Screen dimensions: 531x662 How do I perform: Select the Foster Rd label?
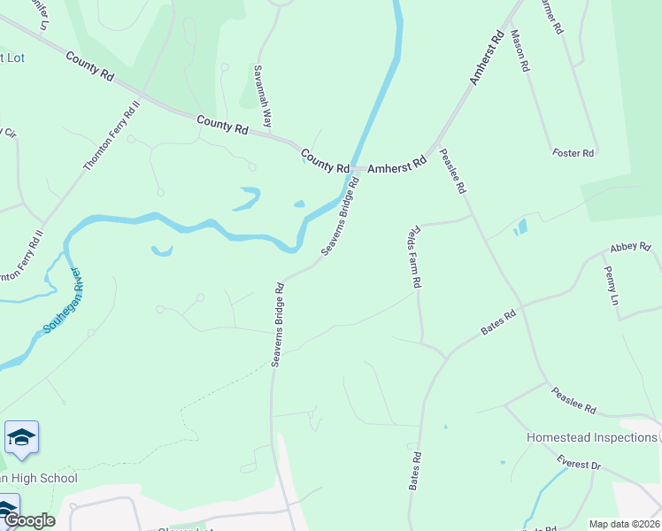(573, 153)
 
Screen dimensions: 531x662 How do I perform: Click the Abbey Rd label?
(629, 248)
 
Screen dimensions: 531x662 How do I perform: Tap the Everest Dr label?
(579, 463)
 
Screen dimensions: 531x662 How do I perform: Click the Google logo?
(28, 519)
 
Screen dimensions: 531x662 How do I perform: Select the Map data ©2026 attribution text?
(625, 524)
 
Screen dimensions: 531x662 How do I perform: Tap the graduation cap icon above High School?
(21, 437)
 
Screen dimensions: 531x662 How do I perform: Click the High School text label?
(39, 478)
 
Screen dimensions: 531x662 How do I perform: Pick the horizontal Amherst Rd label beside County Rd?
(396, 165)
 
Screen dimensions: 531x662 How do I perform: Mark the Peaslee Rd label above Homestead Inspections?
(573, 401)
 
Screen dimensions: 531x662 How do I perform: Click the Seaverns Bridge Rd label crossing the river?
(340, 217)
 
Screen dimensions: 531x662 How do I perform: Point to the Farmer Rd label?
(550, 16)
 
